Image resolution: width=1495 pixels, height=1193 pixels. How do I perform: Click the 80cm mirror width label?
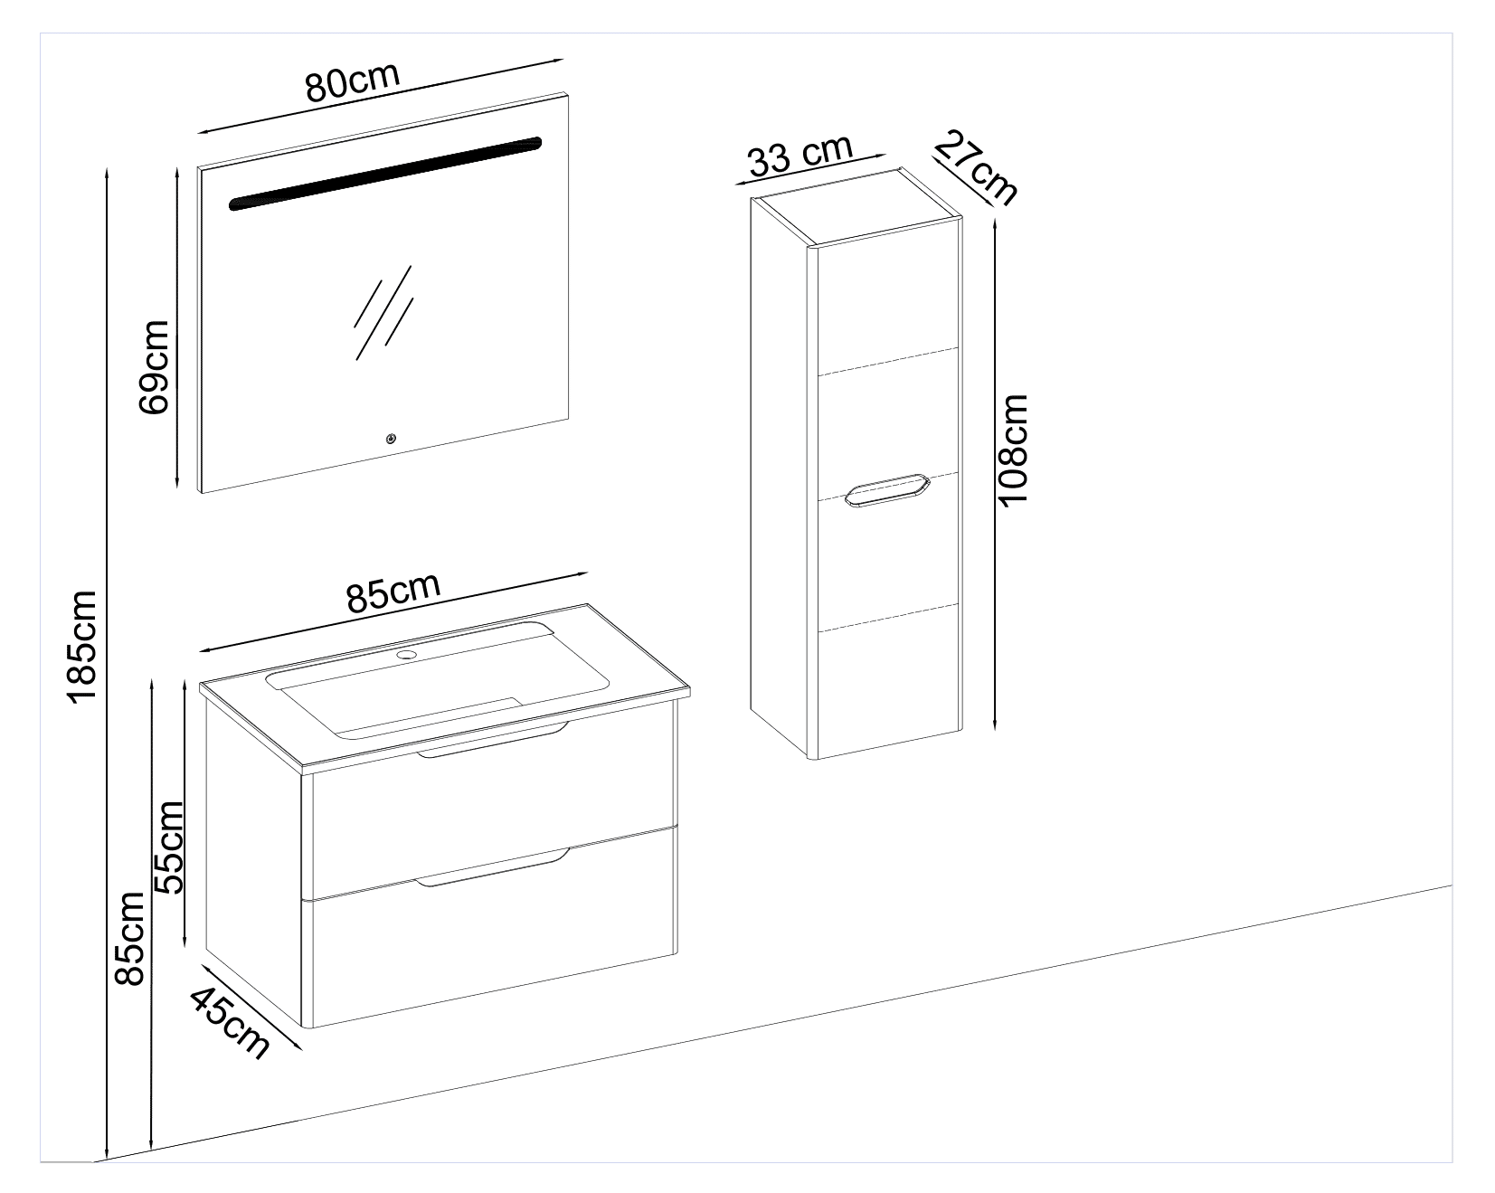(353, 81)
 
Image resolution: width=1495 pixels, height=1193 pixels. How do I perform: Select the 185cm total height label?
(82, 646)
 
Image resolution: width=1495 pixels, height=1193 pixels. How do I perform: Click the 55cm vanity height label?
(168, 847)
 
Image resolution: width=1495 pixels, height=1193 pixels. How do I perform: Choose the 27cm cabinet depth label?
(976, 167)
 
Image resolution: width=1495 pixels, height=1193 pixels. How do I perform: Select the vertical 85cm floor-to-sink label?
(131, 939)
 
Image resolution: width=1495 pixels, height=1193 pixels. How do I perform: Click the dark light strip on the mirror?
(385, 174)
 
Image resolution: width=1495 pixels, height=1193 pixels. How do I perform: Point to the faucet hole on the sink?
(406, 652)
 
